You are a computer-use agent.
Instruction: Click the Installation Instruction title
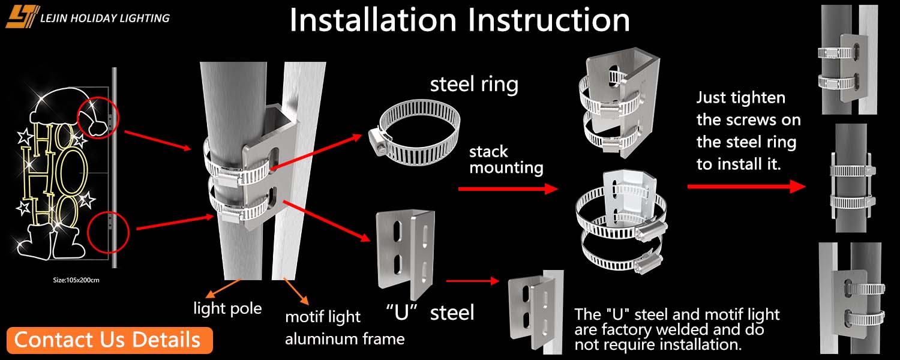pos(460,20)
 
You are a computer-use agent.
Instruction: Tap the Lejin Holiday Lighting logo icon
pos(22,17)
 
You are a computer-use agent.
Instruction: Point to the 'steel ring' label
pos(474,85)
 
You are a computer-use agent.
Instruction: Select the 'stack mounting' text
pos(506,160)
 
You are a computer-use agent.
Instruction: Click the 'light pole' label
pos(227,309)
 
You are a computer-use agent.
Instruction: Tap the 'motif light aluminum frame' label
pos(344,328)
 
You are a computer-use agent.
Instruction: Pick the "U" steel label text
pos(430,312)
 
